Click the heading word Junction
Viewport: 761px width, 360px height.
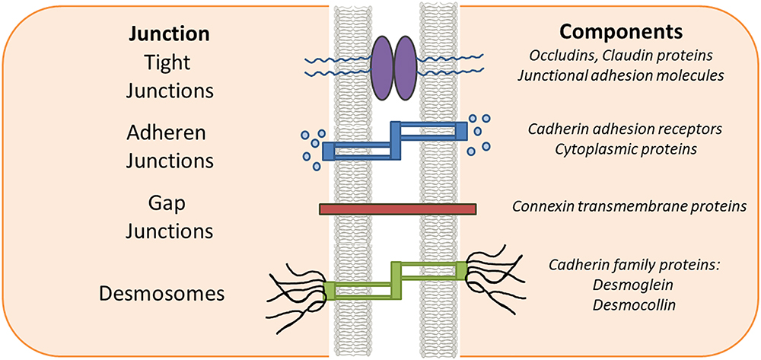click(x=170, y=34)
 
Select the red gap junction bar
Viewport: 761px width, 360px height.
click(x=397, y=209)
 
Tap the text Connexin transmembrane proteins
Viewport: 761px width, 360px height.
click(x=629, y=206)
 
